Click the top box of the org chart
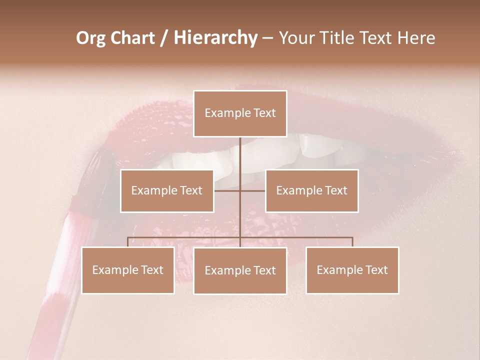(240, 113)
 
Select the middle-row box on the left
(167, 190)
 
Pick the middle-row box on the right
(311, 190)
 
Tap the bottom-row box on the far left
(128, 270)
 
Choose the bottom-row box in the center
(240, 270)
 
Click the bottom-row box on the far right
(352, 270)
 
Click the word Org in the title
(90, 38)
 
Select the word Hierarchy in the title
(215, 38)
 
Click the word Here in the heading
(416, 38)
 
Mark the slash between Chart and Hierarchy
(164, 38)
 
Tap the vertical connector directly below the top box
(240, 155)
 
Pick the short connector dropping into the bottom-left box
(128, 242)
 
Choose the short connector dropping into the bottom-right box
(352, 242)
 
